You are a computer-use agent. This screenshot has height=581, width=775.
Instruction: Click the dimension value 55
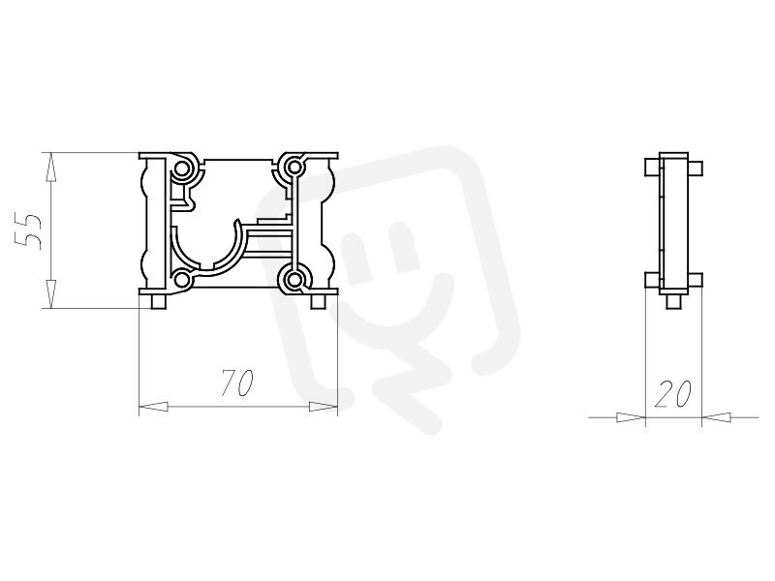coord(28,231)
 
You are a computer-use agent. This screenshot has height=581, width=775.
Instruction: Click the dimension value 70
coord(237,382)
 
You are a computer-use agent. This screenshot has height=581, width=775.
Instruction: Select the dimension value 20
coord(673,394)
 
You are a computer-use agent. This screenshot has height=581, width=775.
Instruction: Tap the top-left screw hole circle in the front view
coord(181,168)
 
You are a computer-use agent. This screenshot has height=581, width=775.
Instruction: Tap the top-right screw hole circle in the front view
coord(294,167)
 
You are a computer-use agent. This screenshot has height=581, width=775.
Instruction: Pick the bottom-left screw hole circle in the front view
coord(181,281)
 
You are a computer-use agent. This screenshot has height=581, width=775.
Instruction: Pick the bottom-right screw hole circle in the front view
coord(295,280)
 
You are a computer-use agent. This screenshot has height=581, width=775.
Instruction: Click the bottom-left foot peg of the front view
coord(159,302)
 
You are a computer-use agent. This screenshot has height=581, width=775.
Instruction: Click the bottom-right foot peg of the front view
coord(318,302)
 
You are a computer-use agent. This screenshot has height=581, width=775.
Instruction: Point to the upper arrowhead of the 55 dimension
coord(50,168)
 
